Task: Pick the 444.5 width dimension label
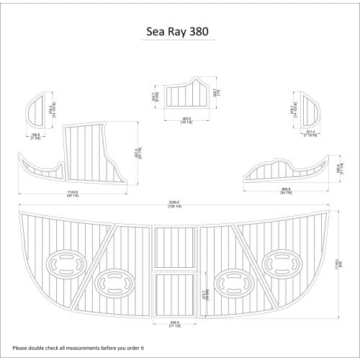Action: tap(174, 323)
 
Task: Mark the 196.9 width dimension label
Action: tap(35, 135)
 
